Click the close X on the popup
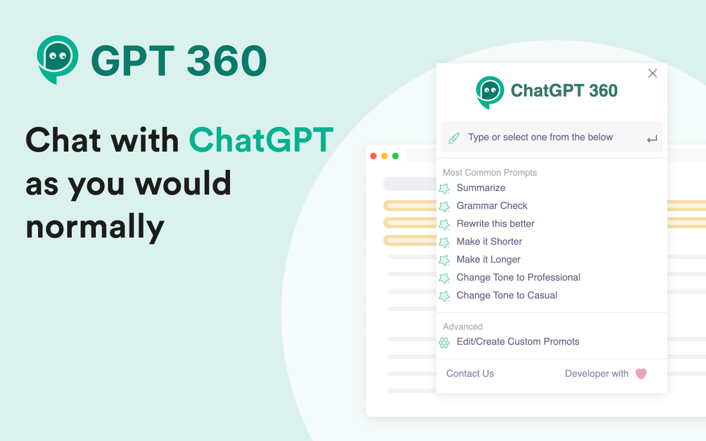click(x=652, y=73)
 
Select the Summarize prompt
click(x=480, y=188)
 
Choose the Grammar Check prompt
click(x=491, y=206)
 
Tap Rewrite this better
click(x=495, y=224)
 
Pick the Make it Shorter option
click(x=489, y=241)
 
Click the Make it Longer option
click(x=488, y=260)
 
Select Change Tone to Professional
click(x=518, y=277)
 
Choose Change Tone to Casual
click(x=506, y=295)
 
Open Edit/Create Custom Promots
click(x=517, y=342)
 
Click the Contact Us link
click(x=470, y=374)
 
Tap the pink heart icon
click(x=641, y=374)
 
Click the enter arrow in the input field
click(x=652, y=139)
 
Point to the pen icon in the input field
click(x=454, y=138)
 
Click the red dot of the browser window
click(x=373, y=156)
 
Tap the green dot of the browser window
click(x=395, y=156)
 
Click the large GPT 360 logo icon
click(x=57, y=59)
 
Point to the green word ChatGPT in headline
click(x=261, y=140)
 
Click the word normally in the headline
click(x=95, y=226)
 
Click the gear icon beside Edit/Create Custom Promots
click(x=444, y=342)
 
